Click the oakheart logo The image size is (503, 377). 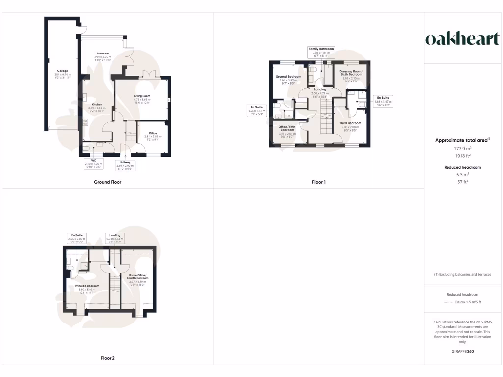pos(462,40)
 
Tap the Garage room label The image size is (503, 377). pos(62,71)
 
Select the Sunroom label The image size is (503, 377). pos(103,54)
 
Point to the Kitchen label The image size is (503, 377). pos(97,104)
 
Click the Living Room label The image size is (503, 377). pos(142,96)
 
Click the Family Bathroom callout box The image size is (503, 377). pos(321,52)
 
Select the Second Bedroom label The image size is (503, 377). pos(288,77)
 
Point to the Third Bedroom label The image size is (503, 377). pos(350,123)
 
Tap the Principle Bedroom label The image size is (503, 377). pos(87,286)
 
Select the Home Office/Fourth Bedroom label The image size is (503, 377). pos(138,278)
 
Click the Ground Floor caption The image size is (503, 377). pos(108,182)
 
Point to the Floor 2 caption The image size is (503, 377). pos(108,358)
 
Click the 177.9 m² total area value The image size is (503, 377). pos(462,148)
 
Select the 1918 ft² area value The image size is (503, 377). pos(462,156)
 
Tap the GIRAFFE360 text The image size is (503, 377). pos(462,351)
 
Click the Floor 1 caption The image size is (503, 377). pos(319,182)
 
